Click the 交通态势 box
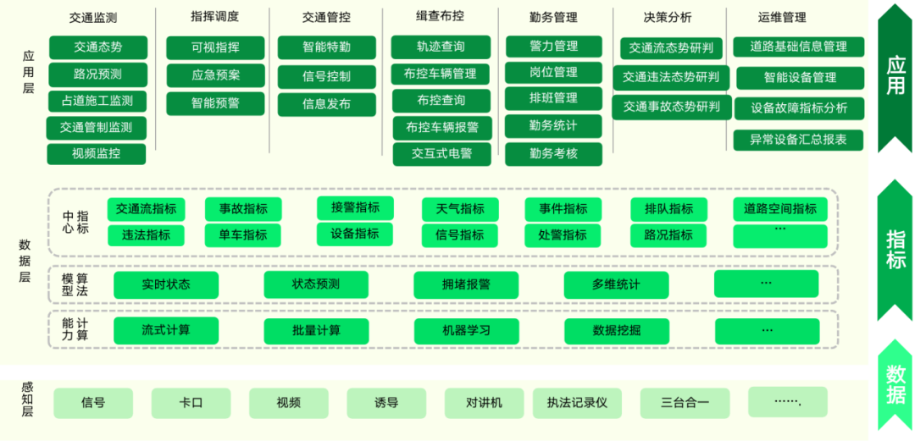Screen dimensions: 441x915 (97, 47)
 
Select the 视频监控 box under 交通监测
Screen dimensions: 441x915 (96, 154)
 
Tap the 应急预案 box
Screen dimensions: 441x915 (215, 75)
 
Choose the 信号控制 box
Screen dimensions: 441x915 (326, 76)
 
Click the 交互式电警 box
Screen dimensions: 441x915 (441, 154)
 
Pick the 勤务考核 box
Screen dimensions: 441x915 (553, 154)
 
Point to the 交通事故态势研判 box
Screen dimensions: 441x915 (672, 107)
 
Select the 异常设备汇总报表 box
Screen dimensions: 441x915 (798, 140)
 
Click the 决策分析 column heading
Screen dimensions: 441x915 (668, 18)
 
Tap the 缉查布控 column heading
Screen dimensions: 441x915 (439, 17)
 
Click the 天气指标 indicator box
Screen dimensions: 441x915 (460, 209)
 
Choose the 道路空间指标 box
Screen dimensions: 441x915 (780, 209)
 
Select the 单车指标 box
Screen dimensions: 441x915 (243, 235)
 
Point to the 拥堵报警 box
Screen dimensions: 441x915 (466, 284)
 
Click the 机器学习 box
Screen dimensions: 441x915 (466, 330)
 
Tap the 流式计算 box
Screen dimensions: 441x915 (166, 330)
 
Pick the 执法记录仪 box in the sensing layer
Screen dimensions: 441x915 (577, 403)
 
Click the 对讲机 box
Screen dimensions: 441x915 (484, 403)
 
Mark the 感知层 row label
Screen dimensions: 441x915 (27, 400)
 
